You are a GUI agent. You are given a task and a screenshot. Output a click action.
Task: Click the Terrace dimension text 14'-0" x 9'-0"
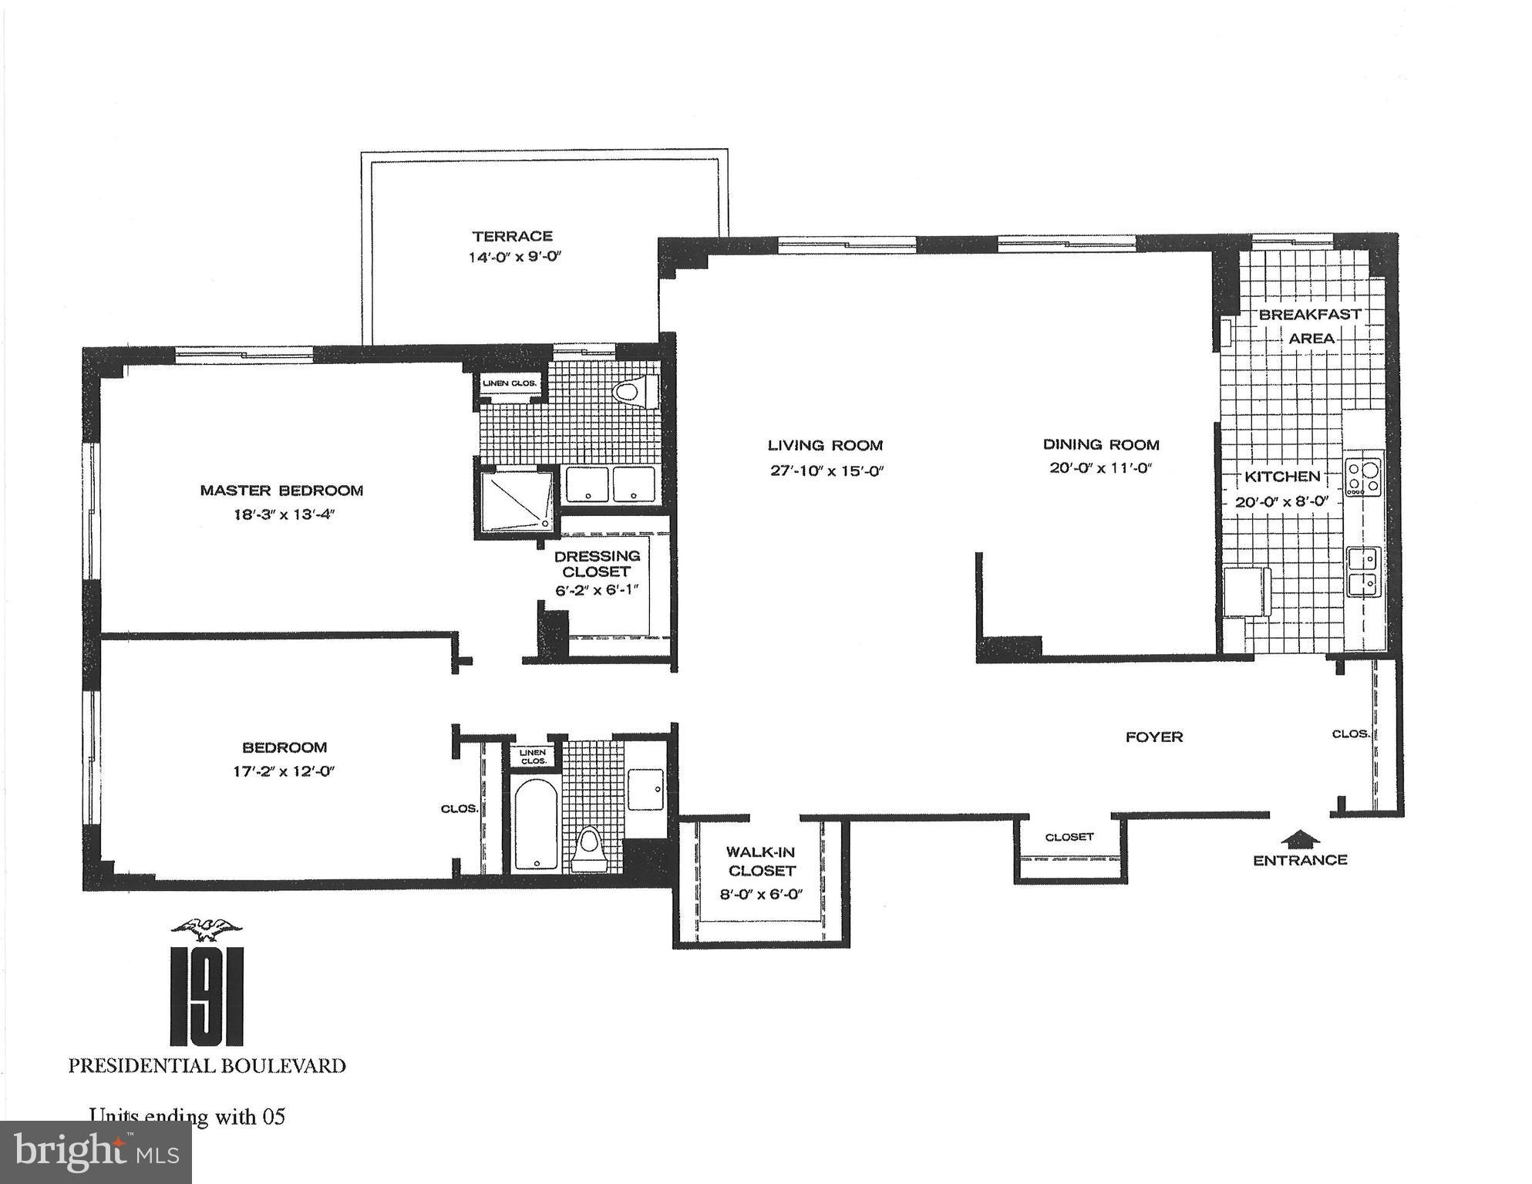pos(513,257)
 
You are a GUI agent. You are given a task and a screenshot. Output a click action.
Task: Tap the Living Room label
pos(825,445)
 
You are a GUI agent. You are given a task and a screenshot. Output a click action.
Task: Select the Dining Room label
pos(1101,444)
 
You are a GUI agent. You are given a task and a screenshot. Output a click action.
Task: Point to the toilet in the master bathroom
pos(635,391)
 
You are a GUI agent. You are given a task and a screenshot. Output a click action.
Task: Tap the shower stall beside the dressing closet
pos(516,501)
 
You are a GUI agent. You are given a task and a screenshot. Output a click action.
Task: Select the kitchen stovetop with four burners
pos(1363,477)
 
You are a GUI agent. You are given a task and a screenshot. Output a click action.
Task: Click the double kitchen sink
pos(1363,571)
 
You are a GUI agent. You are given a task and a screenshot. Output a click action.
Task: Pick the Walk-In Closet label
pos(761,862)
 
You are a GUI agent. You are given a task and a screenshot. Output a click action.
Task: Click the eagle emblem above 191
pos(206,929)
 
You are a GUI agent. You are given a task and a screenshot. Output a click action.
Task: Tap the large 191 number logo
pos(206,995)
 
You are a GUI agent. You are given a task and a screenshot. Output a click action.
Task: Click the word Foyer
pos(1153,737)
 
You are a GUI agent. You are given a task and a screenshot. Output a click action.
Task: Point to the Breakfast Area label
pos(1310,326)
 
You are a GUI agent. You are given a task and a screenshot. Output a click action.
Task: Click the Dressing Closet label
pos(597,564)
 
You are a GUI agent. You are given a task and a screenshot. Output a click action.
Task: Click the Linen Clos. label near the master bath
pos(509,383)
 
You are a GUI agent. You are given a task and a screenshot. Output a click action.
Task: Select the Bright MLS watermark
pos(96,1152)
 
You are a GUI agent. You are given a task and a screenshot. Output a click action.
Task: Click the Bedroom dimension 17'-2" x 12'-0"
pos(284,771)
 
